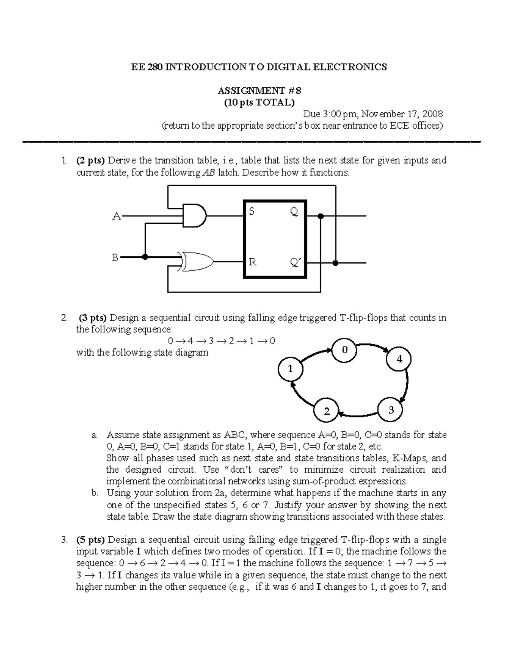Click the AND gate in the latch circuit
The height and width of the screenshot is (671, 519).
pyautogui.click(x=195, y=215)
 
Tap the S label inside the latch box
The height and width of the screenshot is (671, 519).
pyautogui.click(x=252, y=211)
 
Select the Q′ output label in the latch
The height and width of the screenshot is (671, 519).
pyautogui.click(x=295, y=262)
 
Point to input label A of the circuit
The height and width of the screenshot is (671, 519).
pyautogui.click(x=116, y=216)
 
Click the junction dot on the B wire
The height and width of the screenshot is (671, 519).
pyautogui.click(x=145, y=257)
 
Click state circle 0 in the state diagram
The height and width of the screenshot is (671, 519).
pyautogui.click(x=344, y=350)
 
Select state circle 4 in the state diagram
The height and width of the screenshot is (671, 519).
pyautogui.click(x=399, y=359)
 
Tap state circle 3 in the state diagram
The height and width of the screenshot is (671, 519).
pyautogui.click(x=391, y=410)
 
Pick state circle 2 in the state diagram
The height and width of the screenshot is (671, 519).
pyautogui.click(x=327, y=411)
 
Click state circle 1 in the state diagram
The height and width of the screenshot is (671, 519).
pyautogui.click(x=290, y=369)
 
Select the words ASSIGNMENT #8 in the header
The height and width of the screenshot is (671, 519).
pyautogui.click(x=259, y=91)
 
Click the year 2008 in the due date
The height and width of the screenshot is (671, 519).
pyautogui.click(x=432, y=114)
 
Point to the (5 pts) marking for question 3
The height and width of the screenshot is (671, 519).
pyautogui.click(x=90, y=540)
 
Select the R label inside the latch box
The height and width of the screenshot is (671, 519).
pyautogui.click(x=252, y=262)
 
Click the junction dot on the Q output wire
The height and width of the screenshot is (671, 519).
pyautogui.click(x=320, y=216)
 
